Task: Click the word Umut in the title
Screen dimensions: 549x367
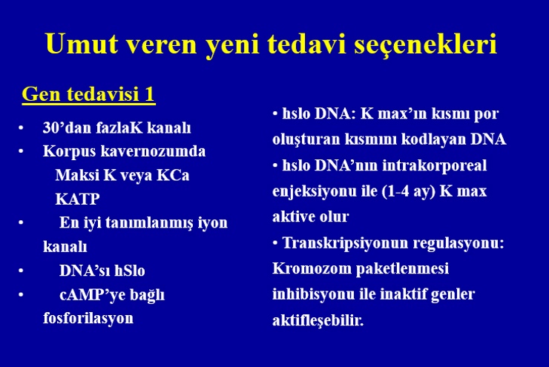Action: click(81, 44)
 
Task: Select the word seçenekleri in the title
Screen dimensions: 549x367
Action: click(425, 44)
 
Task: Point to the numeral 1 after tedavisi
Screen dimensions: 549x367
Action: click(149, 93)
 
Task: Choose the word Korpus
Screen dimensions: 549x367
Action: click(69, 152)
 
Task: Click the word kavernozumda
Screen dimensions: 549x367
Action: click(153, 151)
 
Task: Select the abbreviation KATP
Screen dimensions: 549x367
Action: click(77, 199)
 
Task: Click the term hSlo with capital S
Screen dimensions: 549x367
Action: click(130, 271)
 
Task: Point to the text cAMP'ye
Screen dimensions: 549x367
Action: click(93, 295)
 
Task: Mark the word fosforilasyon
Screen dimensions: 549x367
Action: click(88, 318)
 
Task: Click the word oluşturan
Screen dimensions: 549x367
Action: click(306, 139)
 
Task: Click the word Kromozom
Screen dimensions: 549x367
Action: click(312, 268)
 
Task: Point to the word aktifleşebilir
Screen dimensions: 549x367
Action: click(318, 320)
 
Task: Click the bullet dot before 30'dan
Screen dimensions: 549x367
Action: click(21, 128)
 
